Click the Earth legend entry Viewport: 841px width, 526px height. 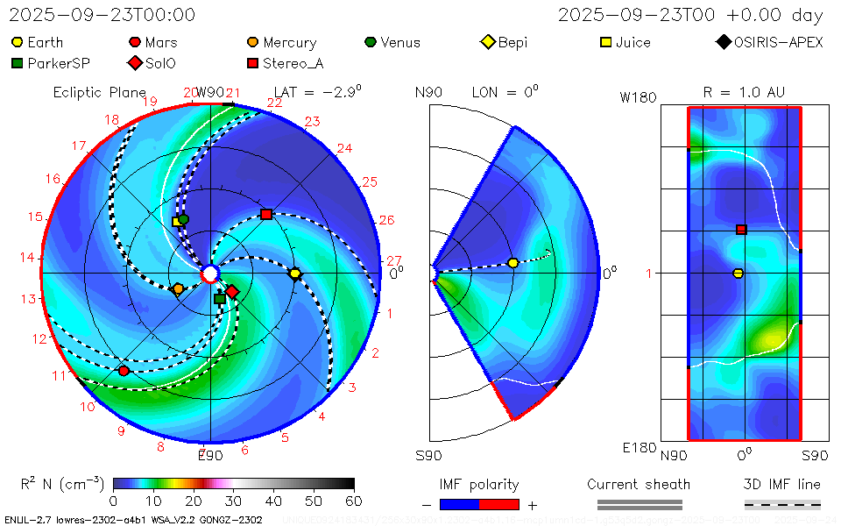[37, 42]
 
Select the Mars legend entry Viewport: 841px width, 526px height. [153, 42]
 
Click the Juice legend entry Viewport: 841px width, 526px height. [625, 42]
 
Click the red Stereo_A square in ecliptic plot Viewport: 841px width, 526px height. [266, 215]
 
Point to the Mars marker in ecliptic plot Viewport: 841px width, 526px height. [124, 371]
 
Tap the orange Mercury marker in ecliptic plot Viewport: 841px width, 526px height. [179, 288]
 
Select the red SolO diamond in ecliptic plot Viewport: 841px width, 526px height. [232, 292]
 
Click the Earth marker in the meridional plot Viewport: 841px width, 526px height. [513, 263]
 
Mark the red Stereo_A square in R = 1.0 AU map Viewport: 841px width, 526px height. [741, 230]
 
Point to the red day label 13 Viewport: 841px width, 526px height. [29, 299]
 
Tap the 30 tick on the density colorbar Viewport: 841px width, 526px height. [234, 501]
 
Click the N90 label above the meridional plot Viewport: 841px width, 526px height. [429, 92]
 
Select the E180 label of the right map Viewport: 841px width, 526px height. [640, 448]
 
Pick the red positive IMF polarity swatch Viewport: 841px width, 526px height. [499, 504]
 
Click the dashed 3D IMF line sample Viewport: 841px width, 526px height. [782, 504]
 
